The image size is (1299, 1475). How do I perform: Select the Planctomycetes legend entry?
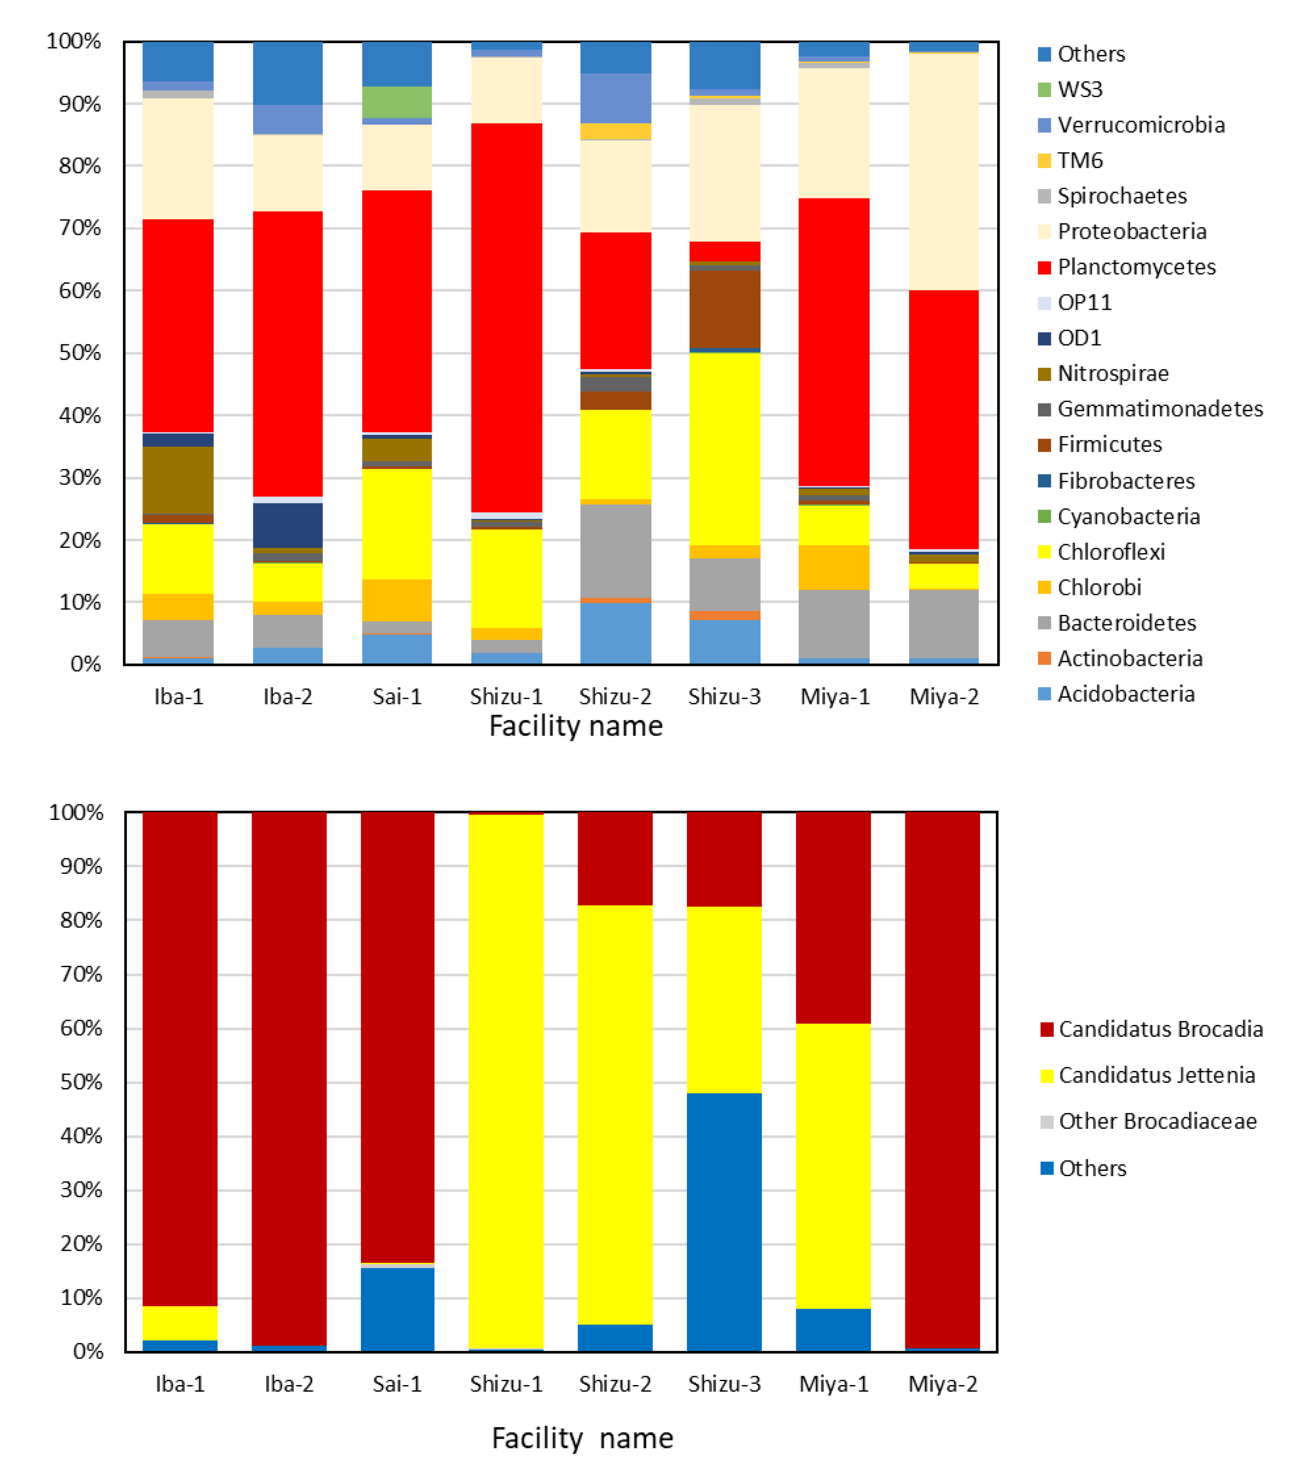[1136, 267]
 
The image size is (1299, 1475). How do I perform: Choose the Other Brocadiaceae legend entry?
[1157, 1121]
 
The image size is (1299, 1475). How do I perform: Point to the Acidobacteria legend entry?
[1125, 694]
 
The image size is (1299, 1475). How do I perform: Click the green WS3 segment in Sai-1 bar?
[397, 102]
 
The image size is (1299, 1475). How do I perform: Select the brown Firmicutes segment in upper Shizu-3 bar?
[724, 309]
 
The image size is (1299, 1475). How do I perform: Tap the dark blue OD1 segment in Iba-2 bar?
[288, 525]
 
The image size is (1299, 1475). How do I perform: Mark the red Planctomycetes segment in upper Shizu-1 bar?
[506, 317]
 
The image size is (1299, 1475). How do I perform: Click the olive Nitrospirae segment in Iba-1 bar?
[178, 480]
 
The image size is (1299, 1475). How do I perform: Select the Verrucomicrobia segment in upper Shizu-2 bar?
[615, 98]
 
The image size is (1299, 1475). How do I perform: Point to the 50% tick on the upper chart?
[80, 353]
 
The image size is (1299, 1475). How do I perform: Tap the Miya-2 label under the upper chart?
[944, 697]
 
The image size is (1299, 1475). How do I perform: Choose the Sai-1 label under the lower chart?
[397, 1384]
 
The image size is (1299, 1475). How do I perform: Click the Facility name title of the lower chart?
[582, 1438]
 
